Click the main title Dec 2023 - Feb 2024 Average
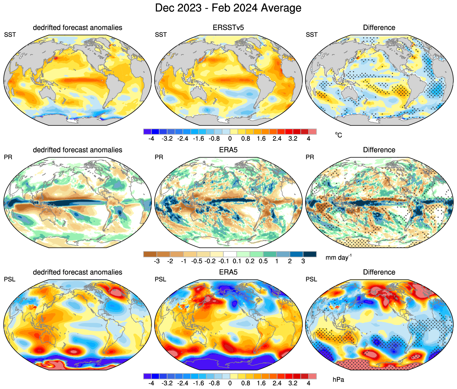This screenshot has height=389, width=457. (228, 8)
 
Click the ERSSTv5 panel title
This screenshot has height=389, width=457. (228, 28)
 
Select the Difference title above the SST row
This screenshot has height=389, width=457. (379, 28)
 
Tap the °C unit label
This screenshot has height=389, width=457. (338, 135)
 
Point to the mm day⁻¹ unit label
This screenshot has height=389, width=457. (338, 257)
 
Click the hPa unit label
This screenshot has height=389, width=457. (338, 380)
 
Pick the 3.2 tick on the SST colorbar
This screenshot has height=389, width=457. (293, 139)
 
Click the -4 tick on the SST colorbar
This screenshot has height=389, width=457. (151, 139)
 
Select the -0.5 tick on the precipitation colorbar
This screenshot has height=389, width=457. (197, 261)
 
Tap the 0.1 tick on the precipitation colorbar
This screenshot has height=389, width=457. (237, 261)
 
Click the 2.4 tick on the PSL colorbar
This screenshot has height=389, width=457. (277, 383)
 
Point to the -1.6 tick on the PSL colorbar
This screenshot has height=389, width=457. (199, 383)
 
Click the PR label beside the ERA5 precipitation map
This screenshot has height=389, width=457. (159, 157)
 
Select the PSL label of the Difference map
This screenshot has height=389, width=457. (312, 279)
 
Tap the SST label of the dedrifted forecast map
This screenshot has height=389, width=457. (10, 34)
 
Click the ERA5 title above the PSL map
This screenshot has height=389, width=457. (228, 272)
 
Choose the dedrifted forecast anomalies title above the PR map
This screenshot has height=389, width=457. (77, 150)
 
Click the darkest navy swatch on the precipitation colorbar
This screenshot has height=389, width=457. (310, 254)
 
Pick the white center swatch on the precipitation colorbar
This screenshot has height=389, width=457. (230, 254)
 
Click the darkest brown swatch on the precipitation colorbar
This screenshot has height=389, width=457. (150, 254)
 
